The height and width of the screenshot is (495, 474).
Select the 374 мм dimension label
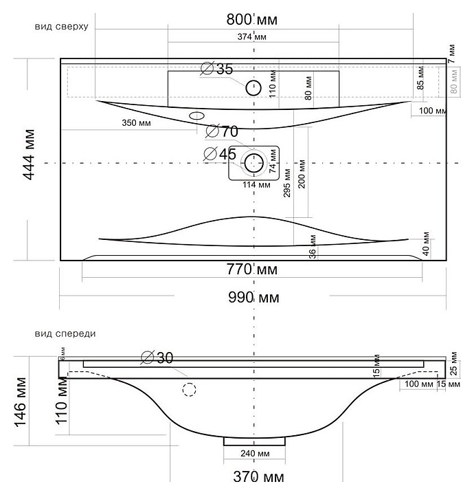(x=253, y=36)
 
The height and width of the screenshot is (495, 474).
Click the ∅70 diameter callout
(x=221, y=131)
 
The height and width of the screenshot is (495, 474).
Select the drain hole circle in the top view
(x=254, y=163)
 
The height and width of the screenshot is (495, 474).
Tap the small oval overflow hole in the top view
(x=198, y=115)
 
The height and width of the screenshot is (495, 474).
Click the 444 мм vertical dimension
(x=30, y=162)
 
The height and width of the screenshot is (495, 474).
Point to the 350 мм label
(x=136, y=124)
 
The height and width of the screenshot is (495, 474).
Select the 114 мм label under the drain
(x=255, y=184)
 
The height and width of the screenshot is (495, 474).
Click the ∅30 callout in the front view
(x=157, y=357)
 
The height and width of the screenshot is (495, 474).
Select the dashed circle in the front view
(x=189, y=390)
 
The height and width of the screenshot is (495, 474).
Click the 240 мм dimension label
(x=255, y=454)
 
